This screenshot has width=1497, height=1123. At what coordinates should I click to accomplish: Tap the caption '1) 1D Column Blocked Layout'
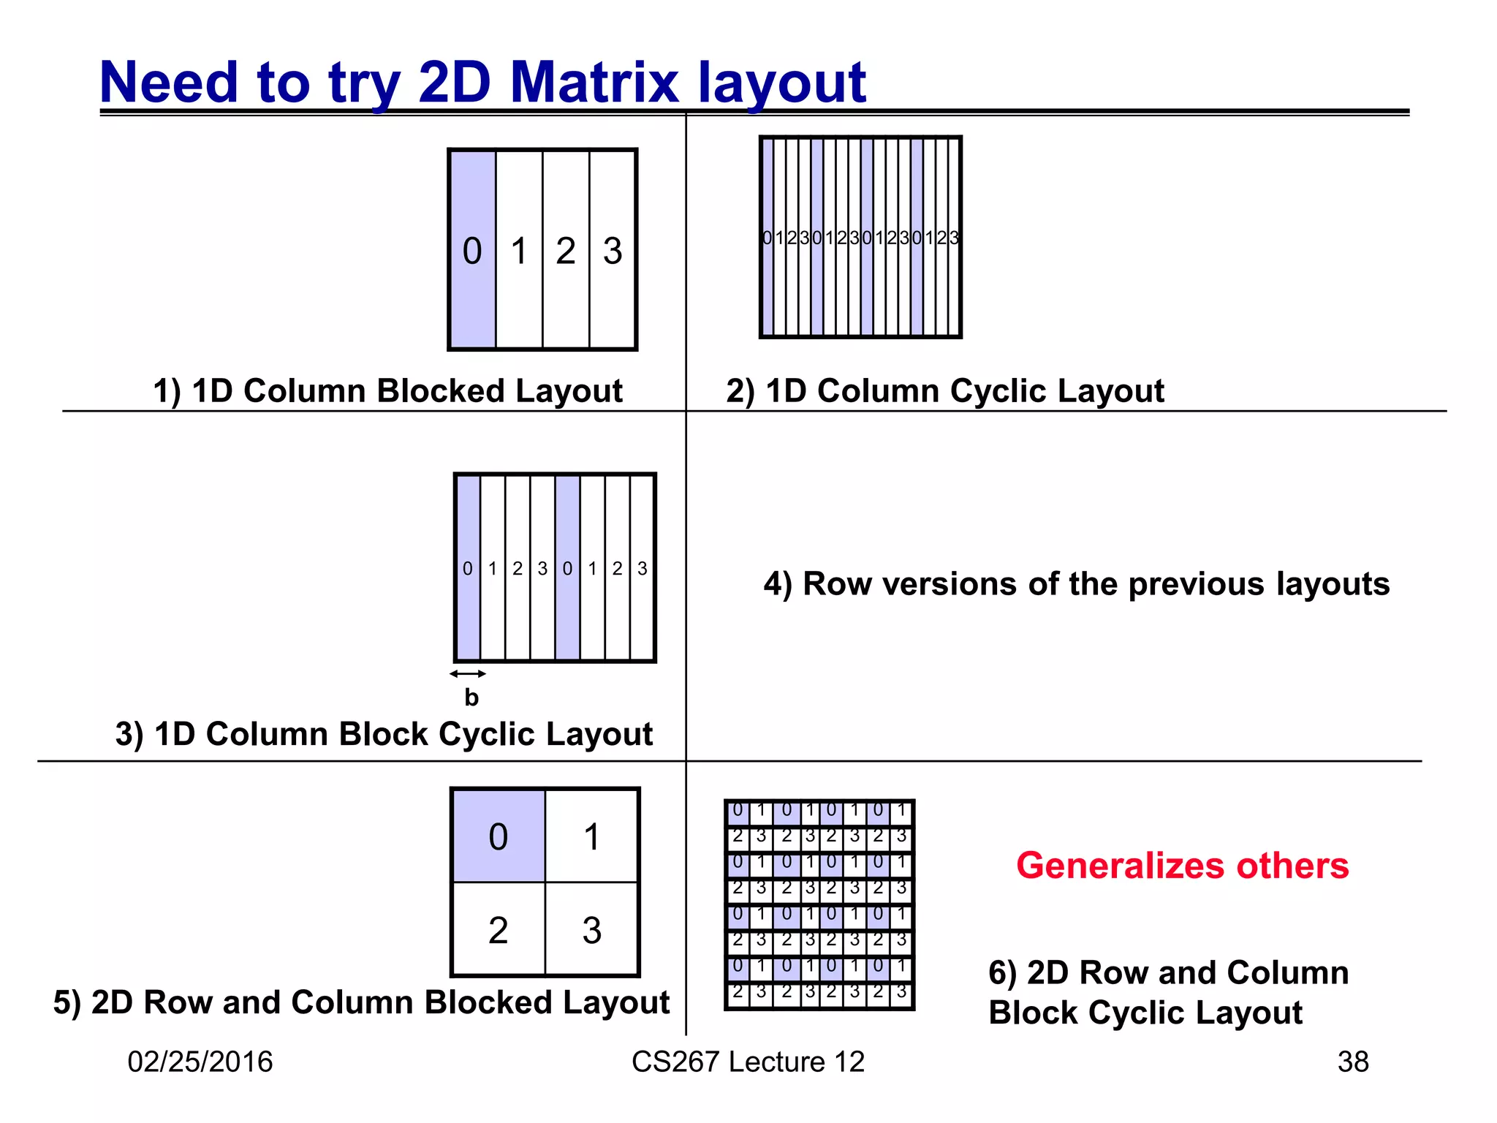387,390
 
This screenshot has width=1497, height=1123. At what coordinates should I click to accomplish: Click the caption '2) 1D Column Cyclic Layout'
944,390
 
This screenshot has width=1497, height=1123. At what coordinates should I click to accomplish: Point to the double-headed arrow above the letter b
468,673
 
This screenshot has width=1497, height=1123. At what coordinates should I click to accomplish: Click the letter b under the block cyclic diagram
471,697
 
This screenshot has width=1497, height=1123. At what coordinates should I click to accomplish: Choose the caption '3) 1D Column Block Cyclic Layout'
384,733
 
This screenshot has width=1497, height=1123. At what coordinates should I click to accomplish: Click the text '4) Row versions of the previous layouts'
1076,583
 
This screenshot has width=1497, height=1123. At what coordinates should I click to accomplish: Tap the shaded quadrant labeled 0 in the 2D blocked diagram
499,836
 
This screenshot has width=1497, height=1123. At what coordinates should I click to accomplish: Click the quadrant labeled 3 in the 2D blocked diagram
592,930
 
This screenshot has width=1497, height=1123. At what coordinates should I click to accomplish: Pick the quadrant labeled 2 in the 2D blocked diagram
499,930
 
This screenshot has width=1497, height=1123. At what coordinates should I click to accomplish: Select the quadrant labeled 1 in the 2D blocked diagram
592,836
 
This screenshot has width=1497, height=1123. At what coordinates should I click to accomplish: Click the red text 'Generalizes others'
1182,866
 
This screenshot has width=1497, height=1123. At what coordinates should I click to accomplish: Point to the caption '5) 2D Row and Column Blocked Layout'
361,1002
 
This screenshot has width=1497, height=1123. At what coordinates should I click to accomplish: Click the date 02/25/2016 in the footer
200,1062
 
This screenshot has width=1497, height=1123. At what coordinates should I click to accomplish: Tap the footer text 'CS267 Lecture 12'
748,1062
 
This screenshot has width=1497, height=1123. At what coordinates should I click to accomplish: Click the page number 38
1352,1062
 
